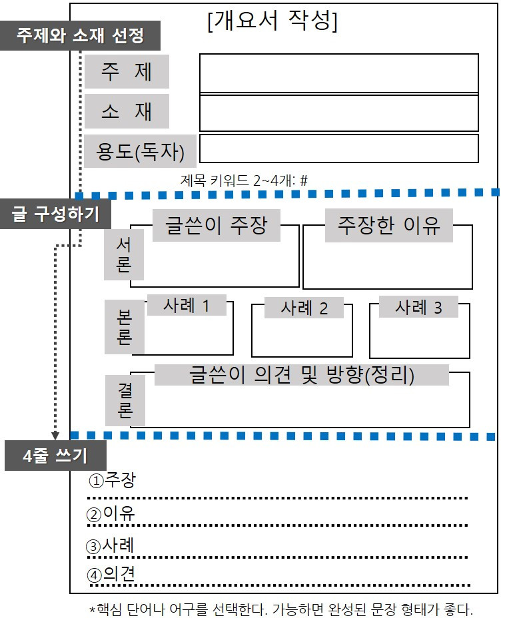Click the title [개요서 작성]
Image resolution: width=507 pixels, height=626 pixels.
click(272, 20)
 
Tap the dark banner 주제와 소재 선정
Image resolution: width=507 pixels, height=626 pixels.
click(80, 35)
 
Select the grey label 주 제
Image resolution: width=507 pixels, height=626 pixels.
click(127, 71)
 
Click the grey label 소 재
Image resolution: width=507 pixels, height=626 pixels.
click(127, 111)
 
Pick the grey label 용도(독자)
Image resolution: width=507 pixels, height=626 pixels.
click(140, 151)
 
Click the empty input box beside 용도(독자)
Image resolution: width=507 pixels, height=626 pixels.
click(339, 149)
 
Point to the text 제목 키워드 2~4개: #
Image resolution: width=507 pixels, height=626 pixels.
click(244, 181)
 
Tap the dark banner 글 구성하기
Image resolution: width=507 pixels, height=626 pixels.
click(55, 214)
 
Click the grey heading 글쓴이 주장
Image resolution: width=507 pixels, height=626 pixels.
click(216, 225)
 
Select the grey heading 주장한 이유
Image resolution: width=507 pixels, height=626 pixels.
click(388, 225)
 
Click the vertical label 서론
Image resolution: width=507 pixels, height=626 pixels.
click(123, 254)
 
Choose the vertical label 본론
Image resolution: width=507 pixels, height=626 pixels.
click(125, 327)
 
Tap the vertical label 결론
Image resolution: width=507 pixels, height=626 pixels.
click(125, 400)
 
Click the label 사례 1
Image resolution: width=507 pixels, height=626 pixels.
click(187, 306)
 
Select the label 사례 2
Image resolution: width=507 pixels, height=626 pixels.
click(304, 308)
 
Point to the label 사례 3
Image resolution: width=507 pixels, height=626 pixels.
click(418, 307)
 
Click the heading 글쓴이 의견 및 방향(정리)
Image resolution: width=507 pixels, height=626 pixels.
click(302, 375)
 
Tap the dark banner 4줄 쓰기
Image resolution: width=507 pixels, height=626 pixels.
click(55, 456)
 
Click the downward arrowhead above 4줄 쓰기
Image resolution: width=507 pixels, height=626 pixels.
click(55, 435)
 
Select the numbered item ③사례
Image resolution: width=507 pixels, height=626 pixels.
click(111, 545)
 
